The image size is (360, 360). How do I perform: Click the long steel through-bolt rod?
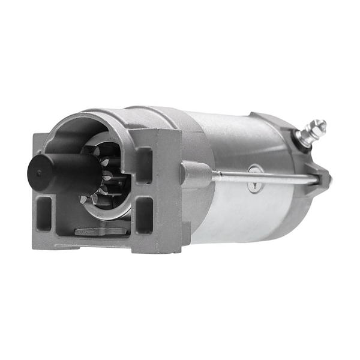click(x=264, y=178)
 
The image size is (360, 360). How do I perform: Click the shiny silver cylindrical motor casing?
click(x=240, y=144)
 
